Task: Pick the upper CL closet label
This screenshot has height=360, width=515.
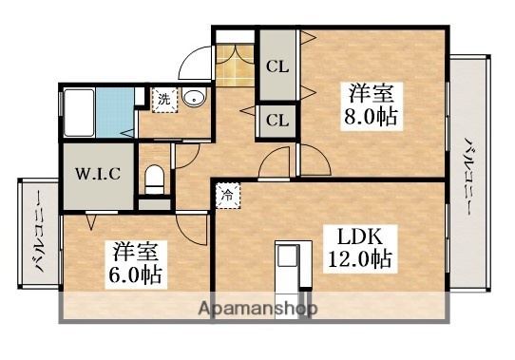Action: point(277,66)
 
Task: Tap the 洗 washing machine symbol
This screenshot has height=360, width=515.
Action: point(163,99)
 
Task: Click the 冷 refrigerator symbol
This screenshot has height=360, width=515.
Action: point(228,194)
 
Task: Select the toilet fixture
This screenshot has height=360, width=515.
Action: point(154,177)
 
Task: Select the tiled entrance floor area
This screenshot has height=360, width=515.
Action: point(236,65)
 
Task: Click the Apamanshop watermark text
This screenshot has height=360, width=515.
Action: point(256,309)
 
